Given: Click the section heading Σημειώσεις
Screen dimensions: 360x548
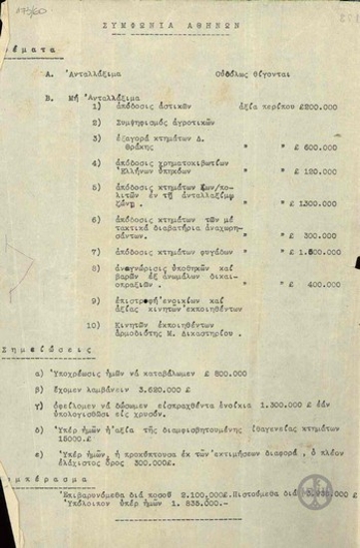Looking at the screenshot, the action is tap(40, 350).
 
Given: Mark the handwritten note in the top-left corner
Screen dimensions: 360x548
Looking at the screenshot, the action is tap(18, 9).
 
